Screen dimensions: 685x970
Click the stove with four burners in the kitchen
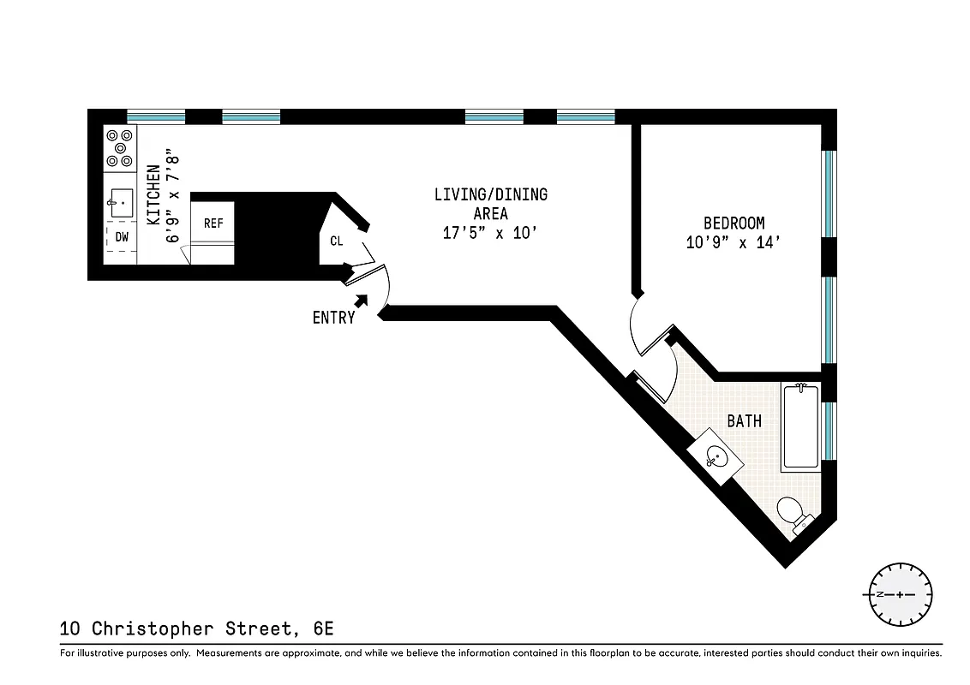pyautogui.click(x=120, y=148)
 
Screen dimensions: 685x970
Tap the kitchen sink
pyautogui.click(x=121, y=204)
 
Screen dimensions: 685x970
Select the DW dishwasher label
pyautogui.click(x=122, y=237)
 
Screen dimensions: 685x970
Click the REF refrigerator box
pyautogui.click(x=213, y=223)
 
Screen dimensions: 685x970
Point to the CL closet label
pyautogui.click(x=336, y=241)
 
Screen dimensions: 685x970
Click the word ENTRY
pyautogui.click(x=333, y=318)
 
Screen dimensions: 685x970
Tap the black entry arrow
pyautogui.click(x=362, y=301)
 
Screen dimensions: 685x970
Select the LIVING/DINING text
pyautogui.click(x=490, y=195)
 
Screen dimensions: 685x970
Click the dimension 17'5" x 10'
pyautogui.click(x=490, y=234)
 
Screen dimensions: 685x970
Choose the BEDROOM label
pyautogui.click(x=733, y=223)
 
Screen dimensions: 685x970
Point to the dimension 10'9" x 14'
pyautogui.click(x=733, y=243)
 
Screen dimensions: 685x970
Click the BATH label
pyautogui.click(x=744, y=421)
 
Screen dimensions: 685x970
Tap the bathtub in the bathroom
pyautogui.click(x=800, y=426)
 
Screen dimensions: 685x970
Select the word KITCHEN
pyautogui.click(x=153, y=195)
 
